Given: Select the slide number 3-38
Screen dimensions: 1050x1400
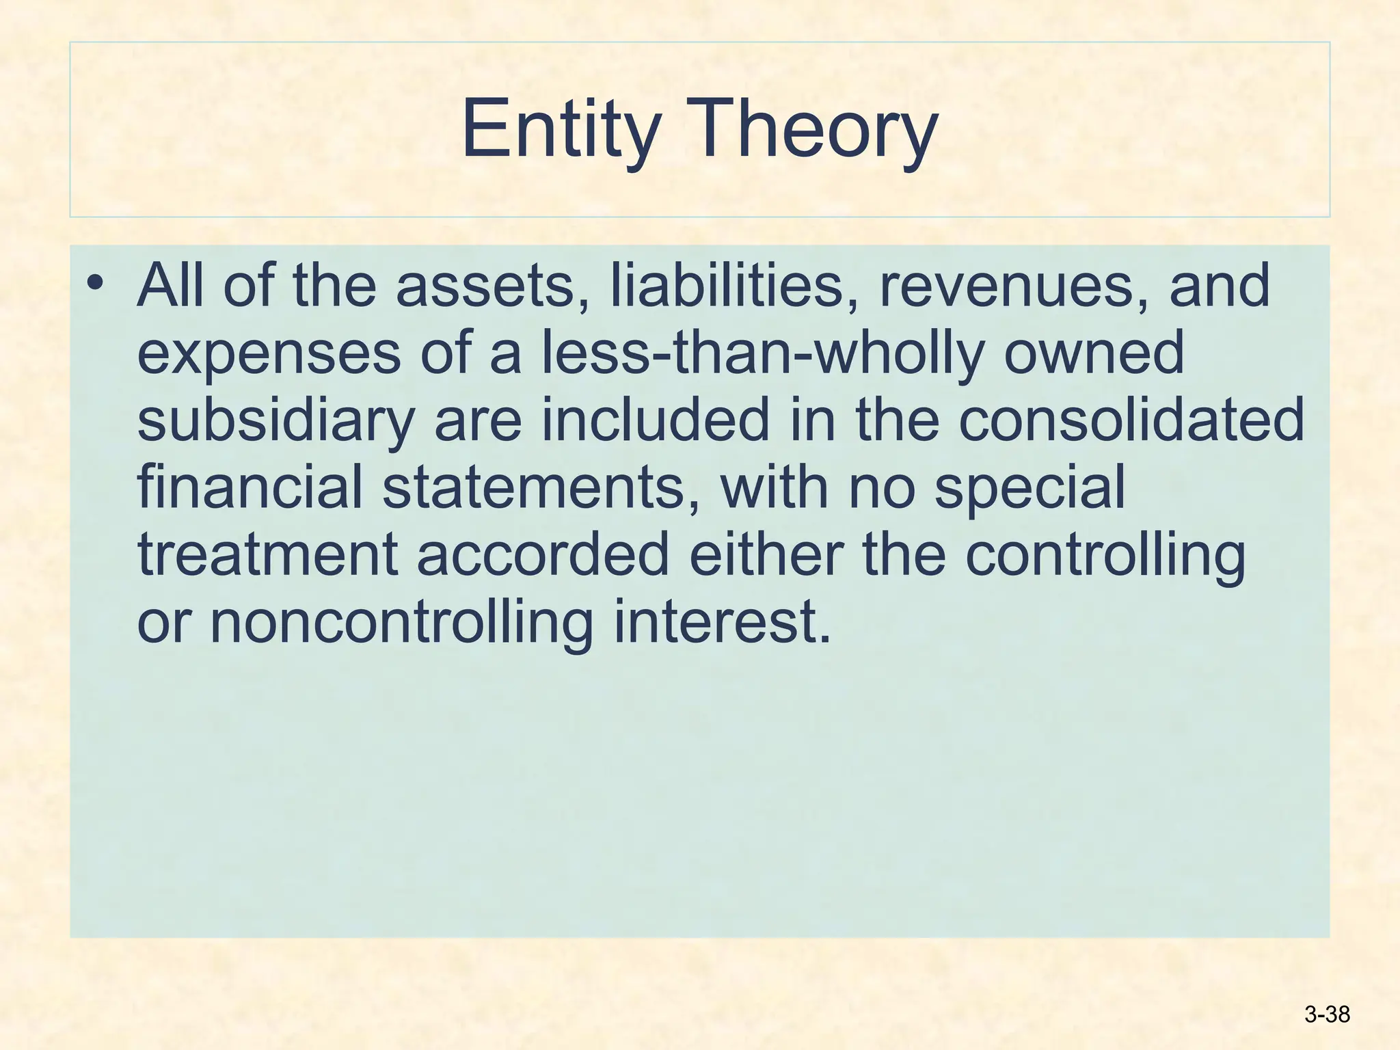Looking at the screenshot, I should pyautogui.click(x=1327, y=1014).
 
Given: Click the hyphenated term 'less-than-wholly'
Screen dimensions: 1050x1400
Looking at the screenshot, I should pyautogui.click(x=763, y=353).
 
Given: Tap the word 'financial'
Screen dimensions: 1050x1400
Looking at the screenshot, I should pyautogui.click(x=250, y=487).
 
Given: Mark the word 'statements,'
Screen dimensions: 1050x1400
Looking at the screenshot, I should pyautogui.click(x=541, y=487).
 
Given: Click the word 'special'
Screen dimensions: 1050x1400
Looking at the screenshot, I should pyautogui.click(x=1029, y=488).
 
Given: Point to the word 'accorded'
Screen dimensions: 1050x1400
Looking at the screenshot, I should pyautogui.click(x=543, y=554).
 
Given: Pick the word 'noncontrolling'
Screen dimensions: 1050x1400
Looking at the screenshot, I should pyautogui.click(x=401, y=622).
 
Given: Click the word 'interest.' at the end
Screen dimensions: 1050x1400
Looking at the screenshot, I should pyautogui.click(x=722, y=622).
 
